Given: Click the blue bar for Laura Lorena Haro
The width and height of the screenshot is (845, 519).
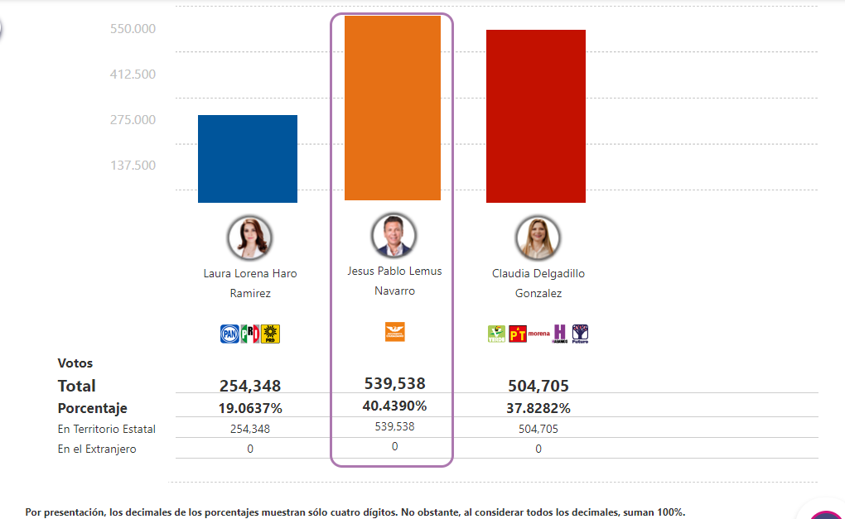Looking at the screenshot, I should [247, 158].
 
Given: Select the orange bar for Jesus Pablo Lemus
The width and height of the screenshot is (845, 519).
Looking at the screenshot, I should [392, 108].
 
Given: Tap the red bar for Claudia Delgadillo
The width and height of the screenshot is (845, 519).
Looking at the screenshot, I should [535, 116].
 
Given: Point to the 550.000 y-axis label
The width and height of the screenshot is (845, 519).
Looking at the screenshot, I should [133, 29].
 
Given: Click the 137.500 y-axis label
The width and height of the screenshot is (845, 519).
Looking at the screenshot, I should [133, 166].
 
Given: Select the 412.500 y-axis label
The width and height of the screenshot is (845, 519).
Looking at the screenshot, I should [133, 74].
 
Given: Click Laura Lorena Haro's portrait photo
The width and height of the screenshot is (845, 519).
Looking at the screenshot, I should [249, 238].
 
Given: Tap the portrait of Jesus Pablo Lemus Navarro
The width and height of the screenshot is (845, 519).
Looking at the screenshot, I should [394, 235].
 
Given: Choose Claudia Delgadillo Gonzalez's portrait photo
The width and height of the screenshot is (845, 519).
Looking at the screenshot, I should [538, 238].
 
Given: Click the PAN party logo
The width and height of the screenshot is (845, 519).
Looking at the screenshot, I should [229, 334].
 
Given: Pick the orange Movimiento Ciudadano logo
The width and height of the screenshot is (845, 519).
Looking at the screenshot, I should [394, 332].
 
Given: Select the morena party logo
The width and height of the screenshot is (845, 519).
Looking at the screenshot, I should [538, 334].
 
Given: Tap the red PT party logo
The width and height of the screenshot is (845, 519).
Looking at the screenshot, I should [518, 334].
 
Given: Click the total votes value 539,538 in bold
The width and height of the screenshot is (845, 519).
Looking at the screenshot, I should [394, 383].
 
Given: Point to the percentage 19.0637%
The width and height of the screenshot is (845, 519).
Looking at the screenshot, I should [249, 408].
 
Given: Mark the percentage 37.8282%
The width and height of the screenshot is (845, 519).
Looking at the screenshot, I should [538, 408].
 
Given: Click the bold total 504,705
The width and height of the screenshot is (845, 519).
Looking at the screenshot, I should [538, 386].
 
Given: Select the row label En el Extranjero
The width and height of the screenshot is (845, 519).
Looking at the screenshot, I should [97, 449].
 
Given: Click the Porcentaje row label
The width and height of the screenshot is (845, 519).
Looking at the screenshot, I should [92, 408].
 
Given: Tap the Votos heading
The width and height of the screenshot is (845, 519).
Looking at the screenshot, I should [75, 363].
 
